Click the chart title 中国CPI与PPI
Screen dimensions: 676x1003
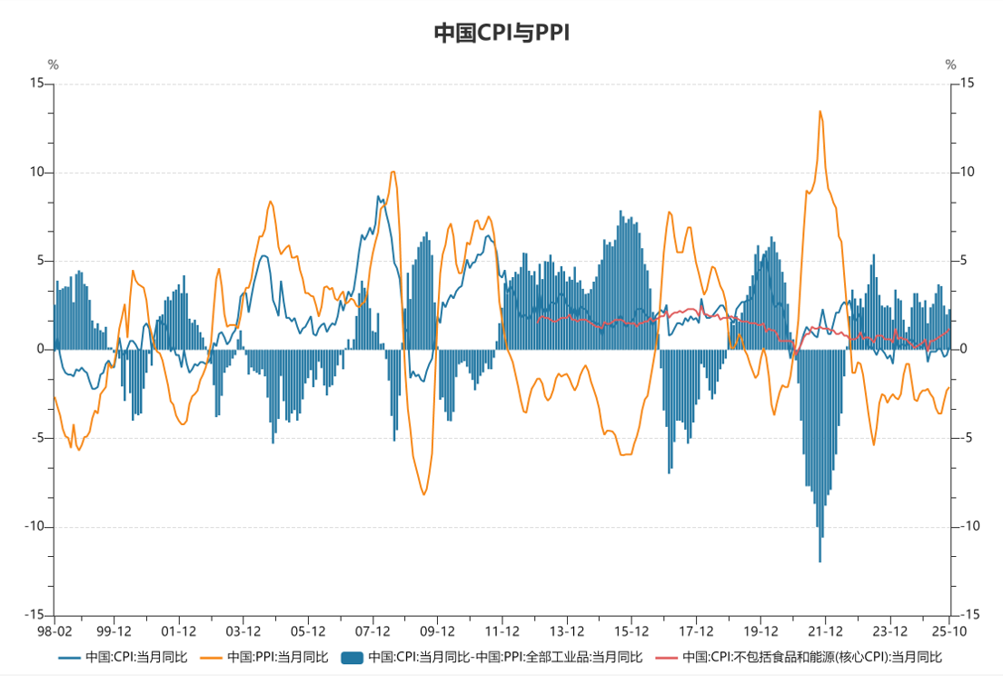[501, 34]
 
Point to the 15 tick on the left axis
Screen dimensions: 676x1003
[37, 84]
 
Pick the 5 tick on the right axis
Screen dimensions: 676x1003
[966, 261]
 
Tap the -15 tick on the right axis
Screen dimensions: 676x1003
[968, 615]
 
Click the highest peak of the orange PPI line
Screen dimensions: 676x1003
[820, 112]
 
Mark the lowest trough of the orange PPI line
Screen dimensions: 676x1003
[424, 494]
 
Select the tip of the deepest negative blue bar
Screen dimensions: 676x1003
[819, 562]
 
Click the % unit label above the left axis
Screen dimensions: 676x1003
[54, 65]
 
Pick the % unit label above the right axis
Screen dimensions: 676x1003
[951, 65]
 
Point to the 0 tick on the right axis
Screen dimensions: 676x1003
[966, 350]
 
